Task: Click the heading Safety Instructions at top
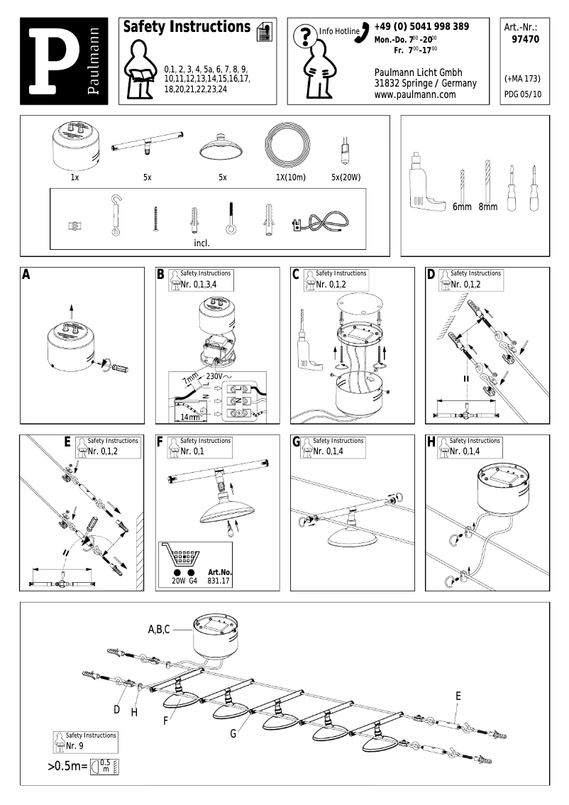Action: click(186, 28)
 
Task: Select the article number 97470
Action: click(525, 40)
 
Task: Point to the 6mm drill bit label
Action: click(462, 207)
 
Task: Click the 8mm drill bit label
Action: click(487, 207)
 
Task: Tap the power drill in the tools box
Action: click(425, 182)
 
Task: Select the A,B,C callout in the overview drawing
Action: click(159, 630)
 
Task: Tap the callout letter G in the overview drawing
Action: click(233, 733)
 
